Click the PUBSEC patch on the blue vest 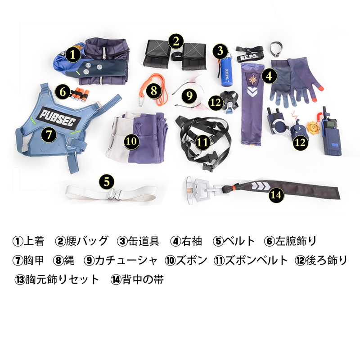pyautogui.click(x=60, y=117)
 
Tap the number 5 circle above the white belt pyautogui.click(x=107, y=181)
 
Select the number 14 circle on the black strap pyautogui.click(x=276, y=195)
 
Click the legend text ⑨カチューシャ pyautogui.click(x=121, y=261)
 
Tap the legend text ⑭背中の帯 pyautogui.click(x=137, y=280)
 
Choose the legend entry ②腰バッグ pyautogui.click(x=81, y=241)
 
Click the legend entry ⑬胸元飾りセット pyautogui.click(x=57, y=280)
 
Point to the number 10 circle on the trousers pyautogui.click(x=131, y=141)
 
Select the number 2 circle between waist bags pyautogui.click(x=176, y=41)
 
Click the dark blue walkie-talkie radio pyautogui.click(x=330, y=133)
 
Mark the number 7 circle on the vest pyautogui.click(x=49, y=135)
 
